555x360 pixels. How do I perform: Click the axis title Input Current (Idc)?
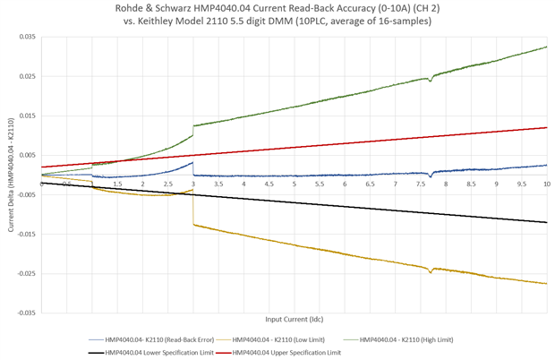click(x=295, y=319)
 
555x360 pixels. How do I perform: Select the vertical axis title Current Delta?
click(x=10, y=176)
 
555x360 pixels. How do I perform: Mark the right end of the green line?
click(x=546, y=47)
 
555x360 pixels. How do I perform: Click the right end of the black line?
click(x=546, y=222)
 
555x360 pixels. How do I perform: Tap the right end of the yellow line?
click(x=546, y=284)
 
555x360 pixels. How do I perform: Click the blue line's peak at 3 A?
click(x=192, y=162)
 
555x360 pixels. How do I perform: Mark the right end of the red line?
click(x=546, y=127)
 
